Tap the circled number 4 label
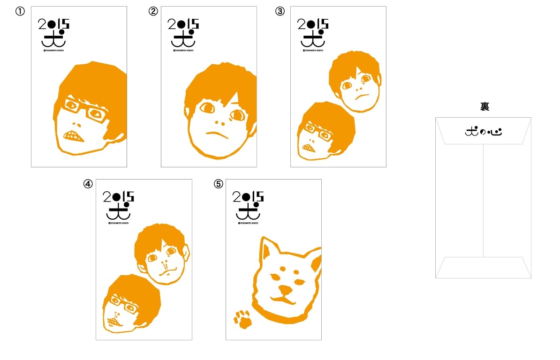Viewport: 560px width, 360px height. point(88,184)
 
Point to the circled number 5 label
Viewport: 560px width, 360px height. point(218,184)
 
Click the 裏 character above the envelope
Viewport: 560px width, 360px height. point(484,107)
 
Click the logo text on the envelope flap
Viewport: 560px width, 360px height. point(483,132)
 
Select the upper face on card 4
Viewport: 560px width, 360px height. point(162,254)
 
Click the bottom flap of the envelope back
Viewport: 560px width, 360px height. point(483,267)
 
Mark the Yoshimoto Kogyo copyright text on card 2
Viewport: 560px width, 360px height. point(183,50)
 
